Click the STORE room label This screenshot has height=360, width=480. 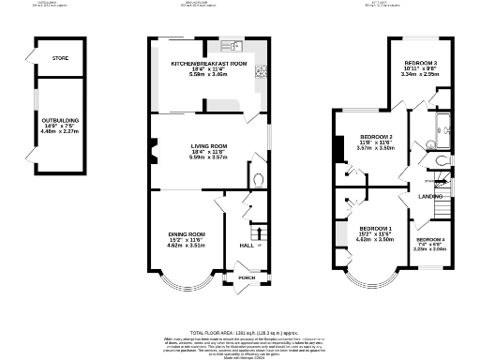click(60, 58)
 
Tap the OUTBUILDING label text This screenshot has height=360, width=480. click(61, 120)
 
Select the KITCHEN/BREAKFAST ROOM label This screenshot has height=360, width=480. click(208, 63)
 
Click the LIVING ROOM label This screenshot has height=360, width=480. click(208, 146)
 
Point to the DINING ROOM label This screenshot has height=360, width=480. click(185, 233)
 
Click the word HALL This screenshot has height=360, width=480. click(247, 245)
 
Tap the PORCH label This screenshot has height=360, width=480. click(247, 278)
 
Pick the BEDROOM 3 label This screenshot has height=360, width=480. click(419, 63)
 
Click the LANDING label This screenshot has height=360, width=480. click(430, 196)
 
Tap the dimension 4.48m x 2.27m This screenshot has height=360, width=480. click(61, 132)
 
